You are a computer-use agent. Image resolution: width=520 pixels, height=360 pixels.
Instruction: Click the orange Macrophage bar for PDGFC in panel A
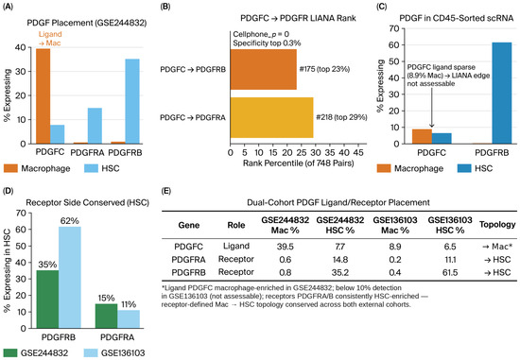pos(43,96)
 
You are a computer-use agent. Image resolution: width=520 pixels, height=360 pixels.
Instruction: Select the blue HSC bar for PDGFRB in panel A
pos(132,101)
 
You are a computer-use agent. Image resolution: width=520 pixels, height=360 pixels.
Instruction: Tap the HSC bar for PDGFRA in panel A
pos(95,126)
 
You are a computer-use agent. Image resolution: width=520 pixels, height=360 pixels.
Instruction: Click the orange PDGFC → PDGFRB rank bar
pos(264,69)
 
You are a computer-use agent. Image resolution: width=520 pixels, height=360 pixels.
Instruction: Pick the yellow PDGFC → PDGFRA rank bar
pos(272,117)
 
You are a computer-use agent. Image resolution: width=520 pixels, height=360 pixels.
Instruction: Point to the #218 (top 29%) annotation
pos(341,117)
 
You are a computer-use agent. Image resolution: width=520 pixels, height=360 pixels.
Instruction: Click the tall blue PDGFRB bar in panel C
pos(502,94)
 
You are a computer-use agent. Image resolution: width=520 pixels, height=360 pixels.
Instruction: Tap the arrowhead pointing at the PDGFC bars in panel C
pos(431,126)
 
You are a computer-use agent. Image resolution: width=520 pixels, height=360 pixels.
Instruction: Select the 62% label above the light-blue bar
pos(69,221)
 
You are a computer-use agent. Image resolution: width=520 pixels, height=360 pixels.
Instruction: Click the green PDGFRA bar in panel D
pos(106,316)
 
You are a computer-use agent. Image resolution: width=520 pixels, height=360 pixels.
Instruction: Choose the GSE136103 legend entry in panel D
pos(114,353)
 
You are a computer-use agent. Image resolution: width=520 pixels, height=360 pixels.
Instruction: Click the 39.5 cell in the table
pos(286,247)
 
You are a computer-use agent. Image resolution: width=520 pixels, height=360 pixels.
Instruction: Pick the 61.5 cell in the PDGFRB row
pos(450,272)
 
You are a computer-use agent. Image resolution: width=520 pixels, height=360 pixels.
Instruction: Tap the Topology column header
pos(497,225)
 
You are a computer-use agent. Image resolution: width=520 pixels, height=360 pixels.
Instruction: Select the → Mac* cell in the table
pos(497,247)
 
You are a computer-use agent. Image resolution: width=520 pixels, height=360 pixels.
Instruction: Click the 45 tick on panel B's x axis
pos(358,152)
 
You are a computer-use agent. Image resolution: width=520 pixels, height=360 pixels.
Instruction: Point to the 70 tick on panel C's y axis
pos(394,28)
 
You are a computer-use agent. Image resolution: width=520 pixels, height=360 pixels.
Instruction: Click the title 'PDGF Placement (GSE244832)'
pos(87,23)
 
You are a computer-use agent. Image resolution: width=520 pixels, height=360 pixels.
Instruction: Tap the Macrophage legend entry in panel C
pos(410,168)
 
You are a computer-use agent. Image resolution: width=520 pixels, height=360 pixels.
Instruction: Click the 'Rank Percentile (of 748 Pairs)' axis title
pos(299,163)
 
